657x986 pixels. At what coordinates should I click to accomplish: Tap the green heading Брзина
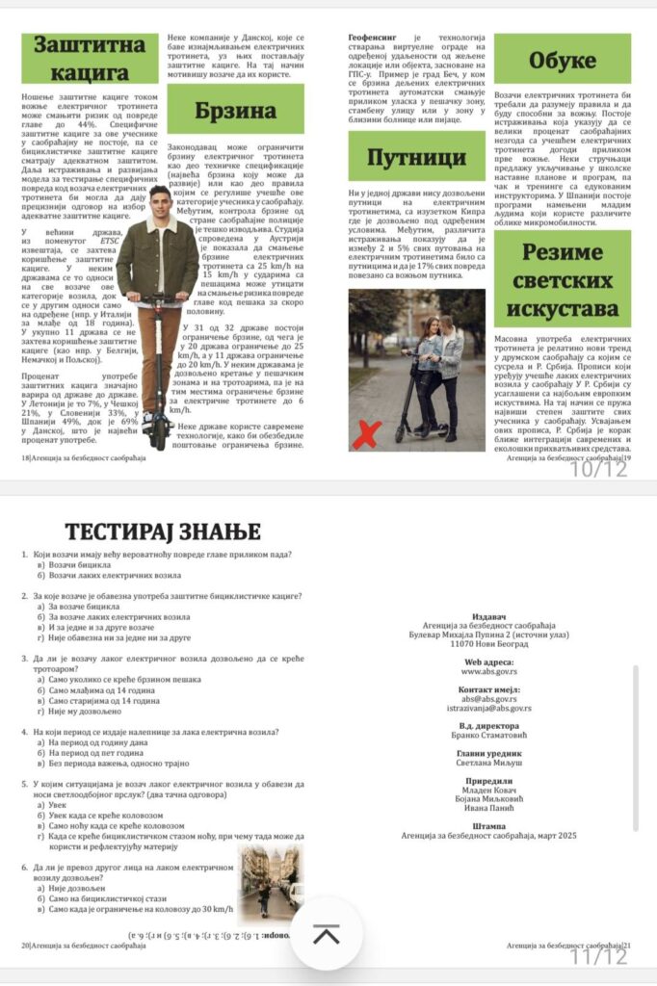coord(235,109)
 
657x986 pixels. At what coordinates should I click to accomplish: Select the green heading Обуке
coord(562,59)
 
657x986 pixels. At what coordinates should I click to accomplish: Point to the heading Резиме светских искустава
coord(563,280)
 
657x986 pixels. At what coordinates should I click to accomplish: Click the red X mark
coord(365,433)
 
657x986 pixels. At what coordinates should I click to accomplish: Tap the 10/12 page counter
coord(597,469)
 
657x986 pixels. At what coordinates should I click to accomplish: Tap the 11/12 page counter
coord(597,955)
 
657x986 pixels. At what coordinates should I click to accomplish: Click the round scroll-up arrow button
coord(327,933)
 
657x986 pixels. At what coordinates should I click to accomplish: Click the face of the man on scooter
coord(160,205)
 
